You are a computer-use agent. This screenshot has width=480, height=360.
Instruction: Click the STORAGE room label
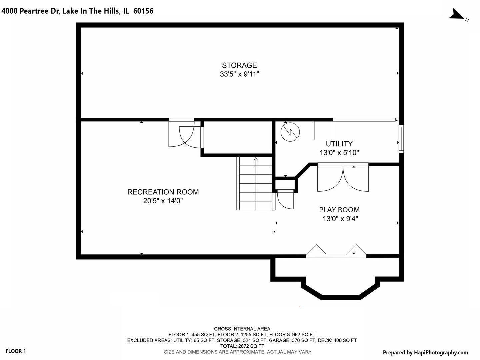point(239,65)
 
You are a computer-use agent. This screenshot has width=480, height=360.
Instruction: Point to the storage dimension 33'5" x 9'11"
point(239,74)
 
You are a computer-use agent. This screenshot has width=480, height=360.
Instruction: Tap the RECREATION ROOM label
point(163,192)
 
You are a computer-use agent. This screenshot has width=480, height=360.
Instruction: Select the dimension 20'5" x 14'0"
point(163,201)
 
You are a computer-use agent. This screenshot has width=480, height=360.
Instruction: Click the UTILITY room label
point(339,144)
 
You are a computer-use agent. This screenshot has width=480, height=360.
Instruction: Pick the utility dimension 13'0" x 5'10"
point(339,153)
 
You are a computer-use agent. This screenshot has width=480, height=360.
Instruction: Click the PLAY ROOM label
point(339,210)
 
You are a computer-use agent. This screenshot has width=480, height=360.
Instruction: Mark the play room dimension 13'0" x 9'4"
point(340,219)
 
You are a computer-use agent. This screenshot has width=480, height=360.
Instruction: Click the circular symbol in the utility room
point(290,132)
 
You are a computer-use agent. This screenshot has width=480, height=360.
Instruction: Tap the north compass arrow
point(456,14)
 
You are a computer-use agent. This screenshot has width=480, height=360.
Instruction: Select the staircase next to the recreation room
point(256,184)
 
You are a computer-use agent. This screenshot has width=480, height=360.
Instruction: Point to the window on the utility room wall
point(401,139)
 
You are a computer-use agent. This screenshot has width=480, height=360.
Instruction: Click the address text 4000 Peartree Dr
point(31,11)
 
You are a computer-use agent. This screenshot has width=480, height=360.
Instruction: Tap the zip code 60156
point(143,11)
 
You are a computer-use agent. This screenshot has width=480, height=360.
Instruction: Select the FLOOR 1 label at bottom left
point(16,351)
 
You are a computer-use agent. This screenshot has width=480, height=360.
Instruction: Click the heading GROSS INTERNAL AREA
point(242,329)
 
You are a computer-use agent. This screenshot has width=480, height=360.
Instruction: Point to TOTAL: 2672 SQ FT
point(242,346)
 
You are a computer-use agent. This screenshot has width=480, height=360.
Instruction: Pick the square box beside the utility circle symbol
point(324,130)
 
